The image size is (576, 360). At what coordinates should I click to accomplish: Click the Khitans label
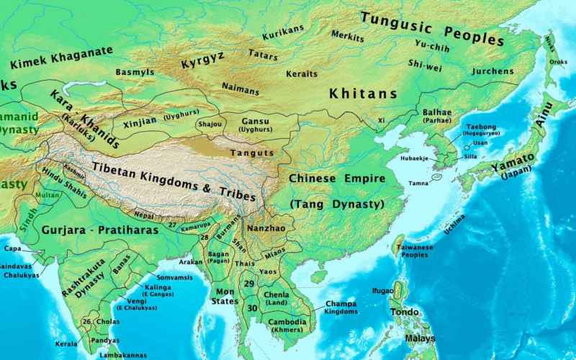click(x=363, y=94)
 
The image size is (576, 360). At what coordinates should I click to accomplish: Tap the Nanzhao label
click(x=266, y=227)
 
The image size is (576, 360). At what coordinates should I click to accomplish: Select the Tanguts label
click(x=252, y=153)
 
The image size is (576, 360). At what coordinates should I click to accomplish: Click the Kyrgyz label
click(x=203, y=60)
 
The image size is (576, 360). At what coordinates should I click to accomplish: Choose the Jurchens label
click(x=492, y=71)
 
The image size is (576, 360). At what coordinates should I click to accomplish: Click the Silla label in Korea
click(x=470, y=156)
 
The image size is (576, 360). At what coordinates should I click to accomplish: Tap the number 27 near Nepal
click(x=172, y=225)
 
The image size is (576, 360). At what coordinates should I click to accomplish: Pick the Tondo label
click(x=404, y=312)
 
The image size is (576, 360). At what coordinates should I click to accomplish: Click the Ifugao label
click(x=382, y=291)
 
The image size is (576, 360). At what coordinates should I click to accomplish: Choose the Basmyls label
click(x=135, y=73)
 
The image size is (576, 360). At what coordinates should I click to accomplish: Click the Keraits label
click(x=302, y=74)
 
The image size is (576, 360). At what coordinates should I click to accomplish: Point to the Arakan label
click(x=191, y=262)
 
